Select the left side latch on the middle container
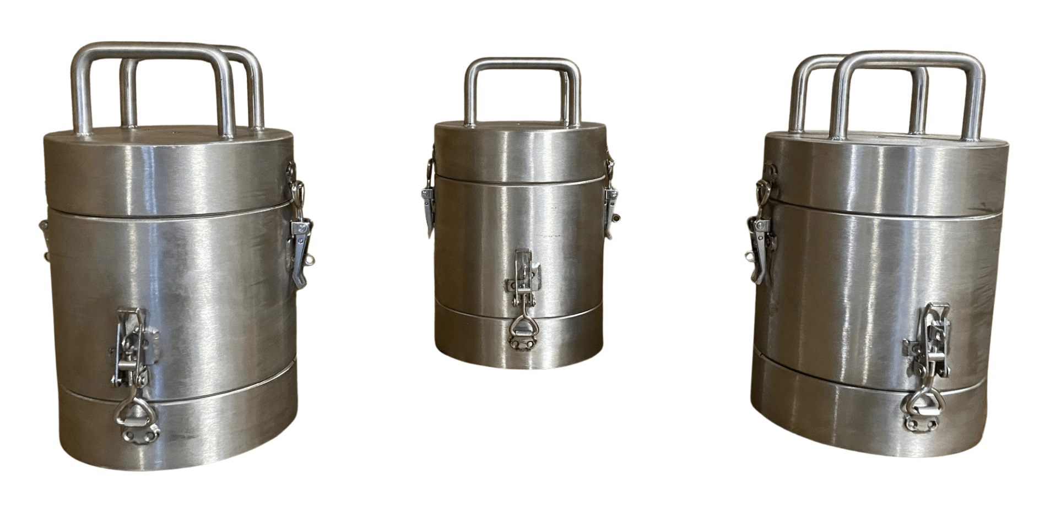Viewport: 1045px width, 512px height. click(x=428, y=198)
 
